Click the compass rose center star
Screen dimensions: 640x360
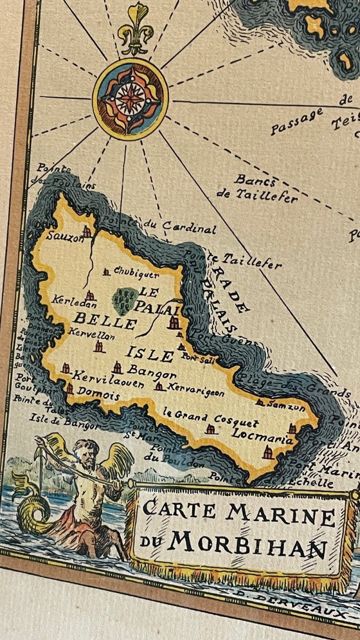[130, 98]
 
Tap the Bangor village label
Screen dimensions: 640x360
[152, 372]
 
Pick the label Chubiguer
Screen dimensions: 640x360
[136, 272]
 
